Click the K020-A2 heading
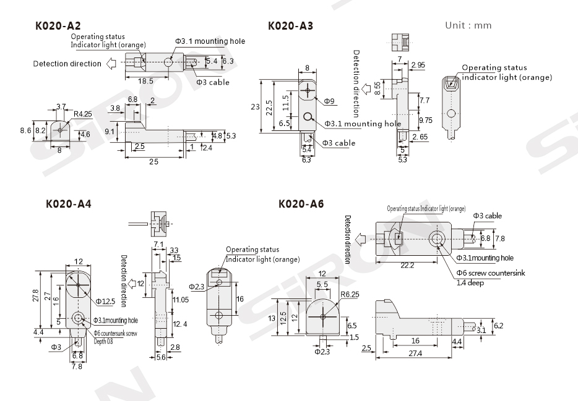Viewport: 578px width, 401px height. coord(58,27)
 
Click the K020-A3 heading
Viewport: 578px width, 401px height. coord(290,27)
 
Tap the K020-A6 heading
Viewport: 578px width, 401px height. coord(301,203)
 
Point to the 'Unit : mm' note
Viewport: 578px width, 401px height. coord(468,26)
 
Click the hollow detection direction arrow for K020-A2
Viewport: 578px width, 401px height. coord(112,63)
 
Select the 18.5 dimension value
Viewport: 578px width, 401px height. coord(145,81)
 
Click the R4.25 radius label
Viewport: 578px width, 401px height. coord(82,114)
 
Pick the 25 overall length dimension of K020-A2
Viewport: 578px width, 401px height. coord(153,161)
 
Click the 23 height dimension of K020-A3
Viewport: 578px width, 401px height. coord(254,106)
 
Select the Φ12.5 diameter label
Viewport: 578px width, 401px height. coord(106,301)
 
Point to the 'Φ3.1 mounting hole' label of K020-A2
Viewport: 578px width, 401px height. coord(210,41)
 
